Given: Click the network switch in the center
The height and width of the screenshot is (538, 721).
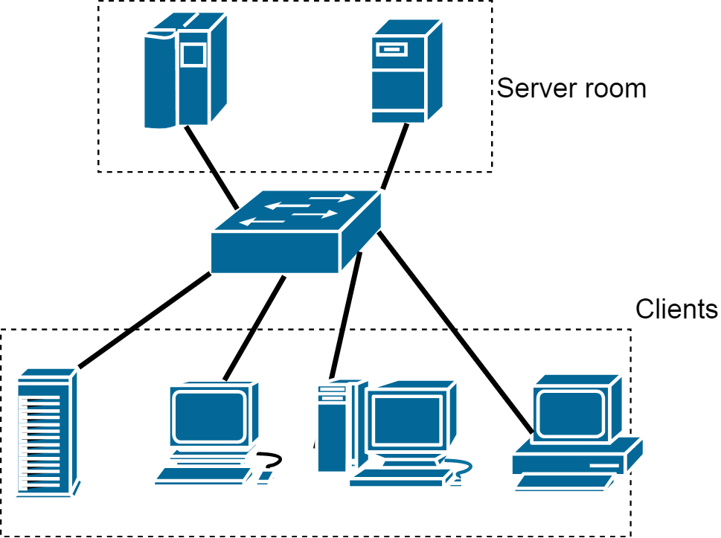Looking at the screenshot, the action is click(x=296, y=231).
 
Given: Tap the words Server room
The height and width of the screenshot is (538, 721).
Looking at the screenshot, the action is click(x=571, y=89).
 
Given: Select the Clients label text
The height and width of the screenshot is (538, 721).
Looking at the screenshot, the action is click(x=676, y=309).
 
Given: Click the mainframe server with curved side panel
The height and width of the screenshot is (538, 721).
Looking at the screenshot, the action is click(x=185, y=70).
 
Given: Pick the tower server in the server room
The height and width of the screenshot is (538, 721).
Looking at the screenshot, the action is click(x=407, y=71).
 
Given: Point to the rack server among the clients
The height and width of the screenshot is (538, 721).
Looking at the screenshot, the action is click(x=48, y=432).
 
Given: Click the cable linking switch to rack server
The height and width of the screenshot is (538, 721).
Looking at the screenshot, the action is click(x=145, y=320).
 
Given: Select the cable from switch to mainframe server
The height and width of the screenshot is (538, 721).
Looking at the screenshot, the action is click(x=211, y=167).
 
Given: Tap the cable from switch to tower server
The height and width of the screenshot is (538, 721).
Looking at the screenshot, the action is click(x=394, y=156).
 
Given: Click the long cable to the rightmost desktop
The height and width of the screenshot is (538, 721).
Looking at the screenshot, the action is click(x=455, y=333).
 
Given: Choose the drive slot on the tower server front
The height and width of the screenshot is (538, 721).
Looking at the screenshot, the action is click(x=391, y=49).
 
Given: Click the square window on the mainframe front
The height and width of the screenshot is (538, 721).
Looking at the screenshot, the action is click(x=193, y=55).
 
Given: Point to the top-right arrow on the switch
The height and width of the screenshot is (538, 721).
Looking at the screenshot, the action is click(x=332, y=198).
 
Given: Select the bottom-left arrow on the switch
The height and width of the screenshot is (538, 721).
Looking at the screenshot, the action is click(x=262, y=222).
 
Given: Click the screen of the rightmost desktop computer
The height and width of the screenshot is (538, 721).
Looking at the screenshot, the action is click(x=571, y=414).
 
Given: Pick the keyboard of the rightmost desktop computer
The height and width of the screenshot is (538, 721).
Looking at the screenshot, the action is click(x=565, y=483).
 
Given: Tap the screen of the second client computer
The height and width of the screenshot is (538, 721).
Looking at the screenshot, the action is click(x=210, y=416).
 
